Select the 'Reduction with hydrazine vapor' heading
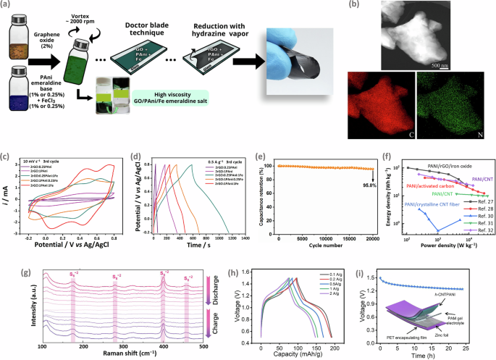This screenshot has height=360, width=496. (259, 18)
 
